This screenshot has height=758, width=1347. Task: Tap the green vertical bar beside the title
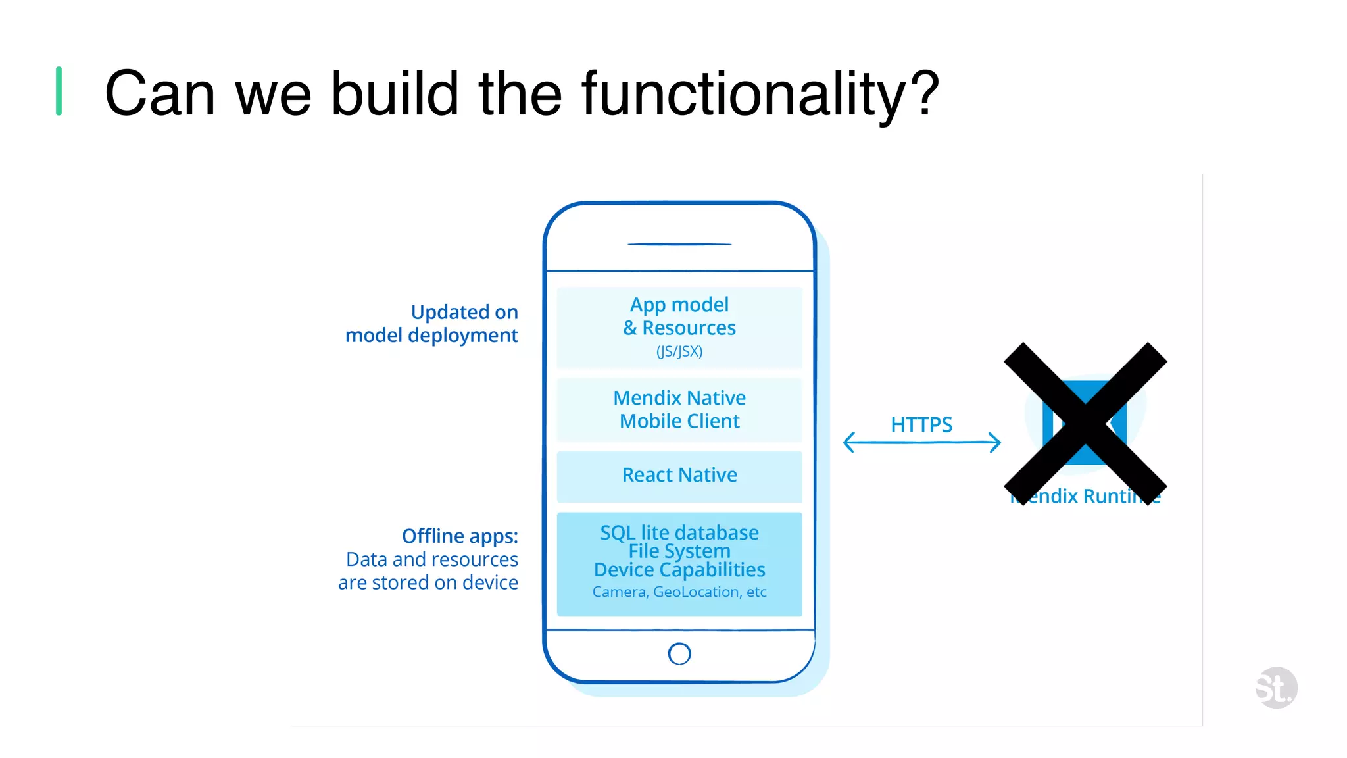pos(59,91)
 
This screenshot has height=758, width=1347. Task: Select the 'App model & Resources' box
pos(679,327)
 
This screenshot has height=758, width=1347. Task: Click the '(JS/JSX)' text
pos(679,351)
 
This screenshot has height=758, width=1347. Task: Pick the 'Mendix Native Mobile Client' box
pos(679,409)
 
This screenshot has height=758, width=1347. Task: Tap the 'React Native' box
pos(679,476)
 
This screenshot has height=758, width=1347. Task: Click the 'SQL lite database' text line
pos(679,532)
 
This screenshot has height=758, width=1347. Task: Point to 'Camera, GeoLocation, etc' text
pos(679,592)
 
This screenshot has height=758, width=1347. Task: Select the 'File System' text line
pos(679,551)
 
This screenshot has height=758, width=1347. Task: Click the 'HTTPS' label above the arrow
pos(921,424)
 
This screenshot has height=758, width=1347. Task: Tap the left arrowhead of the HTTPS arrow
pos(848,442)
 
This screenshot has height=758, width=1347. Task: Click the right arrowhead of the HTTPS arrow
pos(996,442)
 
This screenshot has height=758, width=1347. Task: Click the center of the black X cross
pos(1085,424)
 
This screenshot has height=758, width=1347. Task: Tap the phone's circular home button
pos(679,653)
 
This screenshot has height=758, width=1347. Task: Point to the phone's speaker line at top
pos(679,244)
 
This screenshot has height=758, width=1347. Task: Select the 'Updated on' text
pos(464,312)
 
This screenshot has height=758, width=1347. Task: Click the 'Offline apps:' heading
pos(460,536)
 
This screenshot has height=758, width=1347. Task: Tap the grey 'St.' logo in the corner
pos(1275,688)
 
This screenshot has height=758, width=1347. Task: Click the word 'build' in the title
pos(394,94)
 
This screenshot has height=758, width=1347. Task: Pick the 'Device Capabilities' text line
pos(679,570)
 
